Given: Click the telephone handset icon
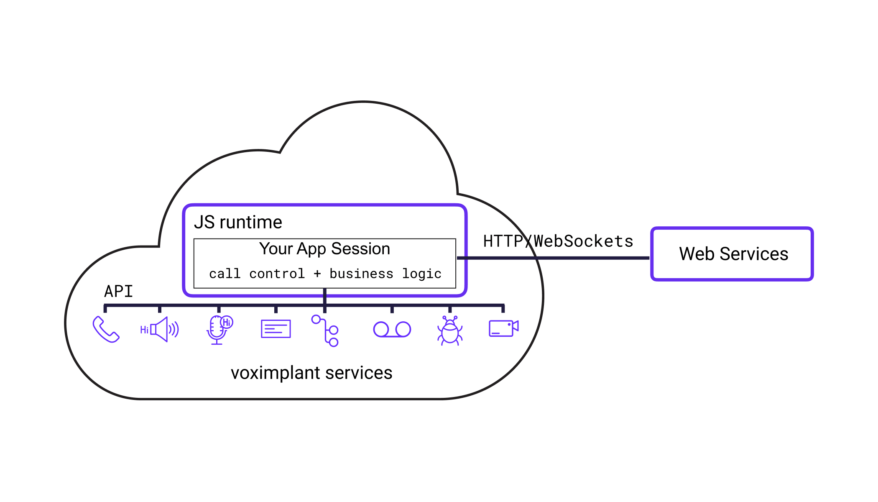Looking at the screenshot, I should tap(106, 330).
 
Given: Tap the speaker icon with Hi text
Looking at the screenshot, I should tap(160, 330).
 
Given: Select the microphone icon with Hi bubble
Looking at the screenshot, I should tap(218, 330).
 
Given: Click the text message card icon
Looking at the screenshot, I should tap(276, 329).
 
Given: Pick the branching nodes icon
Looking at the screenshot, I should tap(325, 331).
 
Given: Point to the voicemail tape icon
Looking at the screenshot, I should tap(392, 330).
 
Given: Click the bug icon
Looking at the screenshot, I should tap(450, 331).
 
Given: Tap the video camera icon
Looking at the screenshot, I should tap(503, 328).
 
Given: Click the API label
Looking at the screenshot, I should tap(118, 291).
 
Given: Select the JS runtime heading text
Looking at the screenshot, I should tap(238, 222).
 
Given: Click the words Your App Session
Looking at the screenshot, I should tap(324, 249).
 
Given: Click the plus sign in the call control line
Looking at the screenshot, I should tap(317, 274).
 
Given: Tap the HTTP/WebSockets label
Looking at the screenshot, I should tap(558, 241).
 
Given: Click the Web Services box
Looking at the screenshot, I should tap(732, 254).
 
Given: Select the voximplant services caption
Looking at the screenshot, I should tap(311, 373).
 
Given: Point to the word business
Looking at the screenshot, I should tap(361, 274).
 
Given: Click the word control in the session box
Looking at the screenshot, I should tap(277, 274).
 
